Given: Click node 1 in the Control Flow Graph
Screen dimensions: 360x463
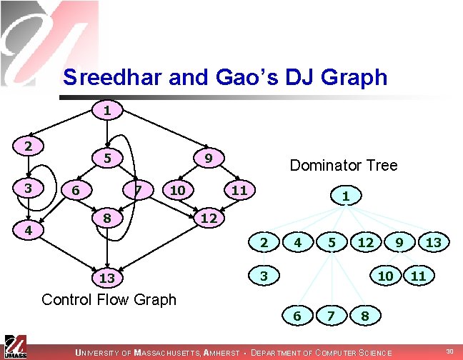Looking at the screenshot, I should tap(106, 111).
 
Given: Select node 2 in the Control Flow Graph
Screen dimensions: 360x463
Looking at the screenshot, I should tap(27, 146).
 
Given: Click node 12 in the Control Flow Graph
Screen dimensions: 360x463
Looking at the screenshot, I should tap(208, 216).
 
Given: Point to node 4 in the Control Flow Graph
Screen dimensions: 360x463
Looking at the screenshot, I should tap(27, 231).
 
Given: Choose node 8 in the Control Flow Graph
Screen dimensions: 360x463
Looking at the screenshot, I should tap(106, 216).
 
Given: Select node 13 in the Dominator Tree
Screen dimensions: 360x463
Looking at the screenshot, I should tap(433, 243).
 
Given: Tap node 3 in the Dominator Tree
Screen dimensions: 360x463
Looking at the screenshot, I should tap(263, 274).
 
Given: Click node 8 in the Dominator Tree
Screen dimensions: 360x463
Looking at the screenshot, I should tap(365, 314).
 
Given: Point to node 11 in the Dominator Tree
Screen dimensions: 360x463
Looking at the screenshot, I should tap(419, 274).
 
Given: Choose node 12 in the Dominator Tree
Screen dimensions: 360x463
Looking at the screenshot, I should tap(365, 243).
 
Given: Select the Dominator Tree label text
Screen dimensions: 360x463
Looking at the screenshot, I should tap(343, 165).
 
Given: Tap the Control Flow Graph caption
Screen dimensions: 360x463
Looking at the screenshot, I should tap(109, 299).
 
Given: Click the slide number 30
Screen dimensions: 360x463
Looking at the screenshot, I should tap(449, 351).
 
